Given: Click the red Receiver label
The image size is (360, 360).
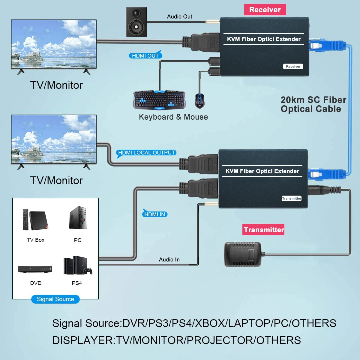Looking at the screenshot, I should (x=265, y=10).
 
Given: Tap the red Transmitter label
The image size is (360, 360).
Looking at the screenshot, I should (x=264, y=230).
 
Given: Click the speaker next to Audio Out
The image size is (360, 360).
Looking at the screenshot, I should (x=136, y=22).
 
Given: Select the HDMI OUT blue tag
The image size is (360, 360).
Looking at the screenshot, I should (x=145, y=55).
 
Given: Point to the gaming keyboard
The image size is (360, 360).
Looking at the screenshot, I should (x=159, y=100).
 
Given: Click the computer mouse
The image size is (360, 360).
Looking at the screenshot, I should (x=199, y=100).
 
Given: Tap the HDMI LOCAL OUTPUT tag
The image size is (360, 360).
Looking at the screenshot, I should (x=146, y=153).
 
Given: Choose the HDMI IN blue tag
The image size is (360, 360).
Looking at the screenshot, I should (x=154, y=214).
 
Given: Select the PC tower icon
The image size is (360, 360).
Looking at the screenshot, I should (x=78, y=218).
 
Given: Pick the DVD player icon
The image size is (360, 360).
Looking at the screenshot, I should (x=35, y=269).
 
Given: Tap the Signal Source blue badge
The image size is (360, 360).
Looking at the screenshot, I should (x=55, y=299).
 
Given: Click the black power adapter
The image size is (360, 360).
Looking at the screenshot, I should (x=243, y=254).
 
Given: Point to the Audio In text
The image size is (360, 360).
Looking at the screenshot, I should (x=169, y=259).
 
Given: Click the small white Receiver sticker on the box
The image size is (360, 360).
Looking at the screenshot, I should (x=293, y=67).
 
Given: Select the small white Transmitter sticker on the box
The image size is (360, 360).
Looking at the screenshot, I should (x=292, y=198).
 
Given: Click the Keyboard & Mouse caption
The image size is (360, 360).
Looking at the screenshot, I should (x=173, y=117).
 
